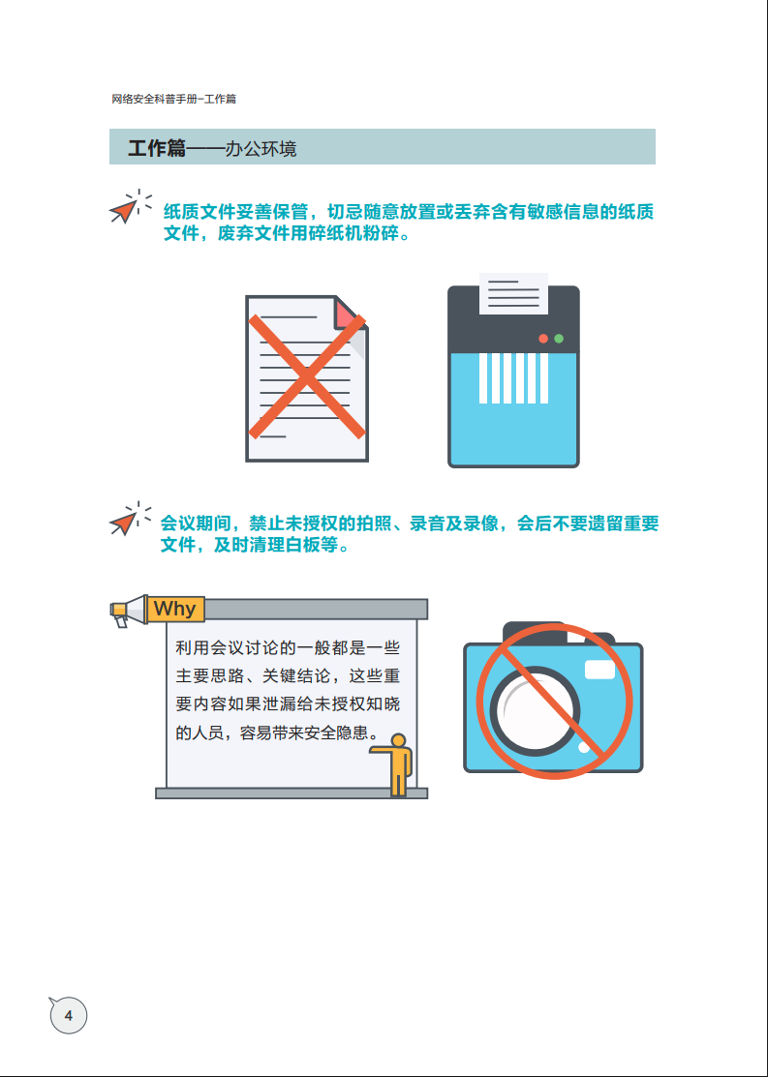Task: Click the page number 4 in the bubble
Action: pos(68,1015)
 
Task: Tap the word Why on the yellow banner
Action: pos(174,609)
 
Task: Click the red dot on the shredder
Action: pos(543,339)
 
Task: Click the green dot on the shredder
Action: pos(559,339)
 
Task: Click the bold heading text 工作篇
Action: pos(156,148)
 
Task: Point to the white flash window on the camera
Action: pos(599,669)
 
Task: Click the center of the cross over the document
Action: pos(307,376)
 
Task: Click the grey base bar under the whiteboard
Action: pos(291,793)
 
